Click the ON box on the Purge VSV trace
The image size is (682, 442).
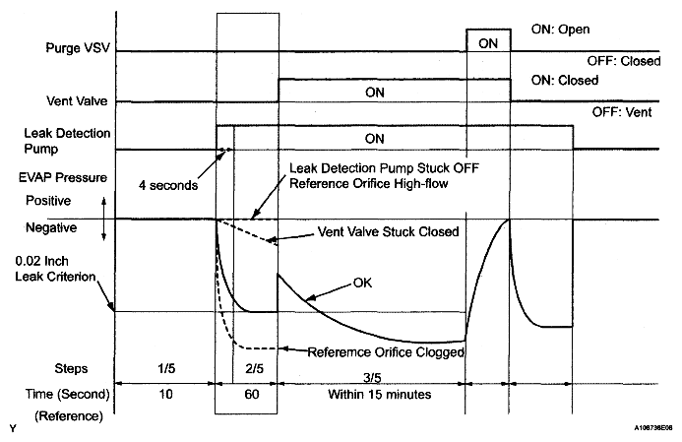coord(487,42)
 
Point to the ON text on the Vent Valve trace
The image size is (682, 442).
coord(373,92)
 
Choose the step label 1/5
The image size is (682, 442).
coord(164,369)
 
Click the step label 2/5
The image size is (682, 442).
coord(246,369)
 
